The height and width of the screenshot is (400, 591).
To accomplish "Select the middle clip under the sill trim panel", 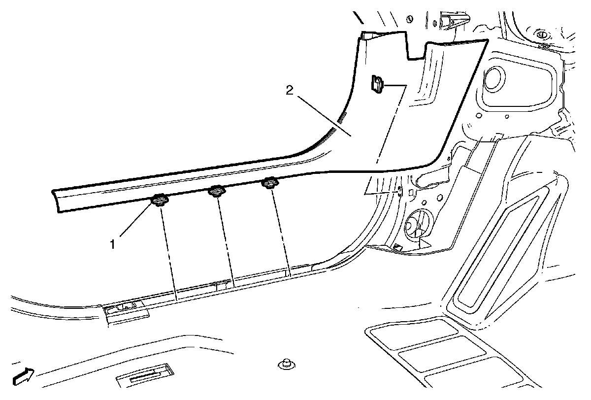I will [216, 191].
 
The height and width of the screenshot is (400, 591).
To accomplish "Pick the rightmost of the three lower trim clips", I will [269, 184].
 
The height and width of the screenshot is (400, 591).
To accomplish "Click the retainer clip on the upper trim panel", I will [377, 84].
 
